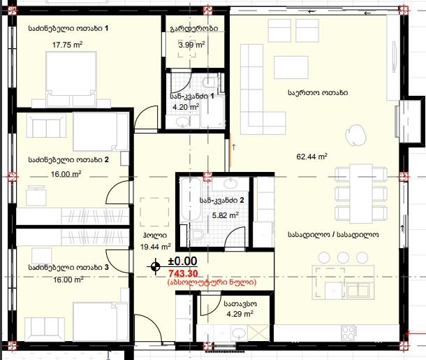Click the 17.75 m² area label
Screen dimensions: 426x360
(67, 45)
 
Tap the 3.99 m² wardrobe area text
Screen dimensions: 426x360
(191, 45)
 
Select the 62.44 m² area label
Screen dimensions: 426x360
(312, 157)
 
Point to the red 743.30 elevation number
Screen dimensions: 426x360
(184, 273)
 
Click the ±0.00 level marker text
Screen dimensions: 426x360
(182, 261)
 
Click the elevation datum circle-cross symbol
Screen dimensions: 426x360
(156, 266)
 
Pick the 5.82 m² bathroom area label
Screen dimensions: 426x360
(226, 215)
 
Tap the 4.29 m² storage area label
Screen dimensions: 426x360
(240, 314)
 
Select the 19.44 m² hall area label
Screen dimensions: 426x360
(156, 247)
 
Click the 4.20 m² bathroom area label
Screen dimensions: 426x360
(186, 107)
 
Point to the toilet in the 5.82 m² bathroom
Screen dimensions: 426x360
(196, 234)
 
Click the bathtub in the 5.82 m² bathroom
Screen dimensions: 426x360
(191, 199)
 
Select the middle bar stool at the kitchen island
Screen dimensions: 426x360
(343, 257)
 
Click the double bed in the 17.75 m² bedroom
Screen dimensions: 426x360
(71, 79)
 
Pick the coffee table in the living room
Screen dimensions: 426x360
(291, 67)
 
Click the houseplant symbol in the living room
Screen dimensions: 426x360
(354, 135)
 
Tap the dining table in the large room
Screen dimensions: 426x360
(361, 194)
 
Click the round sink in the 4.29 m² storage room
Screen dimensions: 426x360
(239, 332)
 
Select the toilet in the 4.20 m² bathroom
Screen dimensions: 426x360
(210, 82)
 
